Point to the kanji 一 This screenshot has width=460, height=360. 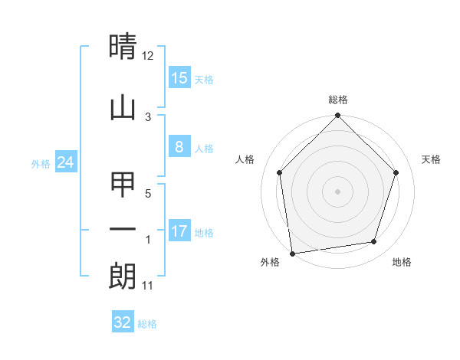pyautogui.click(x=123, y=230)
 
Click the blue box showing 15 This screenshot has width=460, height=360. pyautogui.click(x=179, y=78)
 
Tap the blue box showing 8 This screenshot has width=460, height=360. pyautogui.click(x=179, y=148)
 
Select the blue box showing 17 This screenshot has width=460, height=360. pyautogui.click(x=179, y=231)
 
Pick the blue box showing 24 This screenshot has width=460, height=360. pyautogui.click(x=66, y=162)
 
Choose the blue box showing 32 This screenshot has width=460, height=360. pyautogui.click(x=123, y=322)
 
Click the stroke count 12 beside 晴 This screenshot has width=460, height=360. pyautogui.click(x=148, y=56)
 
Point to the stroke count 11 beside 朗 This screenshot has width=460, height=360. pyautogui.click(x=148, y=286)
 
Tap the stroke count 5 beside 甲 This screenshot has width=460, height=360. pyautogui.click(x=149, y=195)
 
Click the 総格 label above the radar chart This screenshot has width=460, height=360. pyautogui.click(x=338, y=100)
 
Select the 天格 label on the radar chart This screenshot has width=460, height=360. pyautogui.click(x=431, y=159)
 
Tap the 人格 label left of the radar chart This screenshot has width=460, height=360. pyautogui.click(x=245, y=159)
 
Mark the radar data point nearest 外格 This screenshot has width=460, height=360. pyautogui.click(x=292, y=253)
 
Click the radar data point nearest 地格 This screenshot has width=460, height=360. pyautogui.click(x=374, y=242)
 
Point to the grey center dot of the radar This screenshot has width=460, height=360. pyautogui.click(x=338, y=191)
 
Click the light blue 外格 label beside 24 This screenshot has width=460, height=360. pyautogui.click(x=41, y=163)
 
